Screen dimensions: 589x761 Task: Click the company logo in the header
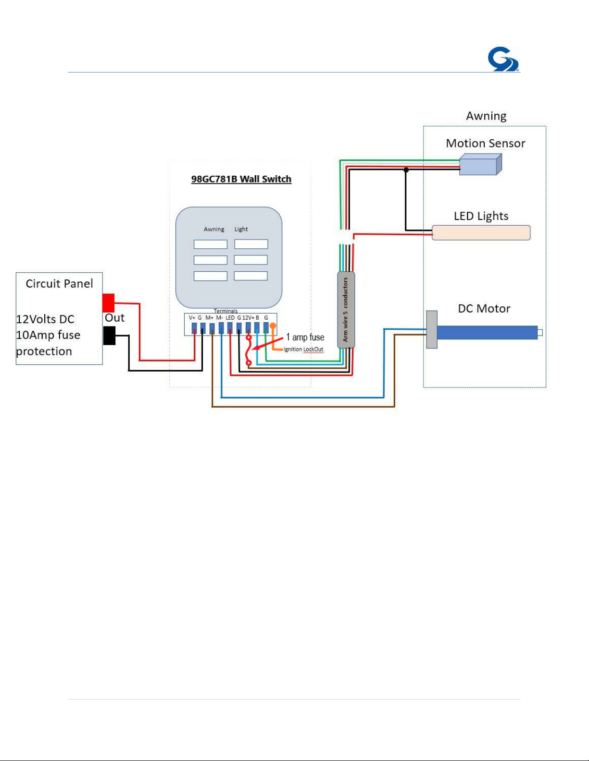[x=503, y=59]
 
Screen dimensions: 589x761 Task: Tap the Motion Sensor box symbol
[x=480, y=164]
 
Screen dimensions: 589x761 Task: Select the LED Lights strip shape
[x=481, y=232]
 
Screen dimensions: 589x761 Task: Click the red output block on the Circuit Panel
[x=108, y=303]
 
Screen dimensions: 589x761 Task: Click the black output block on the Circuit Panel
[x=109, y=336]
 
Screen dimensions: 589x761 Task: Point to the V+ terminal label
[x=192, y=318]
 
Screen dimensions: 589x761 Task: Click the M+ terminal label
[x=209, y=318]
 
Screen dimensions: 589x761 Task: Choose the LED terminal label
[x=230, y=318]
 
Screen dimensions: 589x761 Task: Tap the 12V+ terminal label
[x=248, y=318]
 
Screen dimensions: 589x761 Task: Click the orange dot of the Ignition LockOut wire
[x=273, y=326]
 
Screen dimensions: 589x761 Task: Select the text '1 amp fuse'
[x=305, y=337]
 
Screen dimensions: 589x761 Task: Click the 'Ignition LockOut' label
[x=303, y=349]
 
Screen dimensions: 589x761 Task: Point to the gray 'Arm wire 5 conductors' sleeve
[x=346, y=310]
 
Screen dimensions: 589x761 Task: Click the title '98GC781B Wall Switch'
[x=241, y=179]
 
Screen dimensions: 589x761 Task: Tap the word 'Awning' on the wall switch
[x=214, y=229]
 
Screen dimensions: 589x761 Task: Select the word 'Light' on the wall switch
[x=241, y=229]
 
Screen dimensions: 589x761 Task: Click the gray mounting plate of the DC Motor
[x=432, y=329]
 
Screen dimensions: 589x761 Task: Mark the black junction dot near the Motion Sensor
[x=406, y=170]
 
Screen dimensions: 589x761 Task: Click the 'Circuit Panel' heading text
[x=59, y=283]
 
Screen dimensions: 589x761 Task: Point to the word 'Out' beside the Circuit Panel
[x=114, y=318]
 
